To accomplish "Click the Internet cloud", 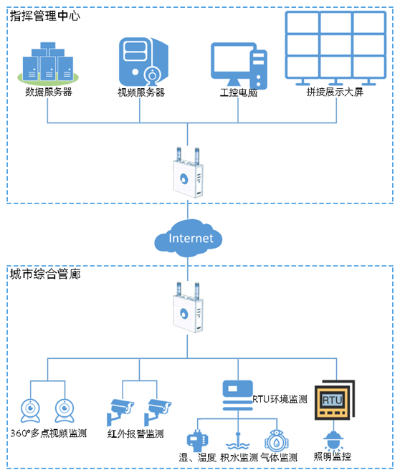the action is pos(189,238).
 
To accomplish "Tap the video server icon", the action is pos(143,62).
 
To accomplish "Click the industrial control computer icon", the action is pos(239,66).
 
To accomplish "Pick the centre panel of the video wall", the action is pos(335,44).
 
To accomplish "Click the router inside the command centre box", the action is pos(189,173).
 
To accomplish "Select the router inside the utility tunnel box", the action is pos(189,307).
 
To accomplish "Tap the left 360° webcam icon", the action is pos(30,411).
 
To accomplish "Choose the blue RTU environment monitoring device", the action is pos(238,395).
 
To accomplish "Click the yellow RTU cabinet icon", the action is pos(335,400).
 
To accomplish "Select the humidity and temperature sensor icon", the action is pos(197,441).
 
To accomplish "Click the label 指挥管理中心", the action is pos(45,16).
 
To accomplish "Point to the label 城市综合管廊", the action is pos(45,274).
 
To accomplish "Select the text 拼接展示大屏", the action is pos(335,92).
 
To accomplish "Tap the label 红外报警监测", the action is pos(135,433).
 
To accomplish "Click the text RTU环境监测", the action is pos(280,399).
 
